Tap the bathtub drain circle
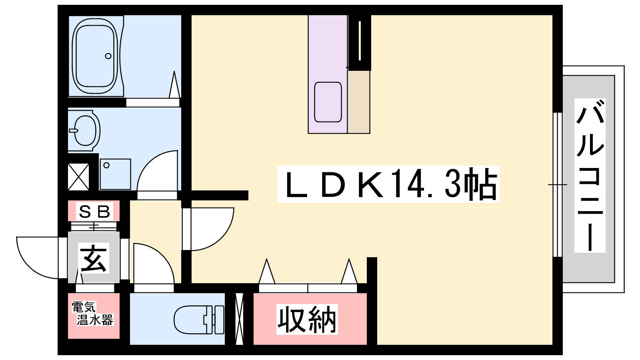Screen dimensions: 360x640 (108, 56)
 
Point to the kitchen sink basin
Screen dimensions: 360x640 (328, 102)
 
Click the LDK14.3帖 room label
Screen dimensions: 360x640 (388, 184)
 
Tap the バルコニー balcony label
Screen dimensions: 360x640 (590, 176)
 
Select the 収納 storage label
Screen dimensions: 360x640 (307, 319)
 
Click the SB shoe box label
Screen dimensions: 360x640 (94, 211)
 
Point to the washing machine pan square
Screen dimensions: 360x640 (115, 174)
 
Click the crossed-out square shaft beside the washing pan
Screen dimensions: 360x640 (78, 177)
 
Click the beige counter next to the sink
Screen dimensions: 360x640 (359, 102)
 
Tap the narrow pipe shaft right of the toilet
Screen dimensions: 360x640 (239, 319)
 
